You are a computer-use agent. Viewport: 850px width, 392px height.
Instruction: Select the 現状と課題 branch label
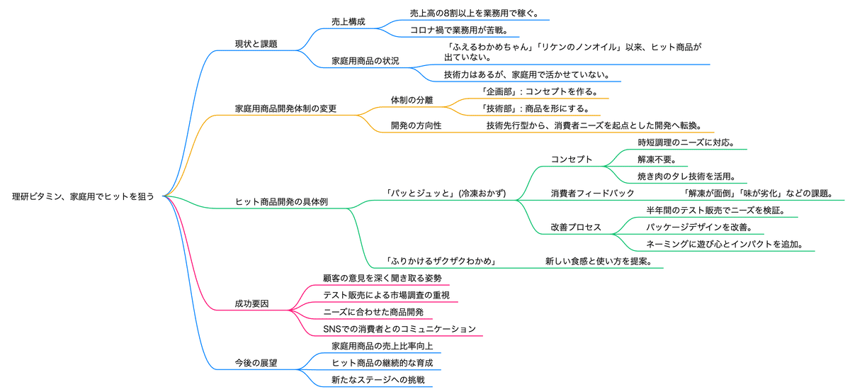click(x=256, y=44)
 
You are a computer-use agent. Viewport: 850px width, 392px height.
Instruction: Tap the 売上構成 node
click(x=348, y=22)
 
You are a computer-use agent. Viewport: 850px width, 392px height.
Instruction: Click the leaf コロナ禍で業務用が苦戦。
click(x=457, y=30)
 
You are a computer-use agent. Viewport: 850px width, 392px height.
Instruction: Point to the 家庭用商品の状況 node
click(x=365, y=61)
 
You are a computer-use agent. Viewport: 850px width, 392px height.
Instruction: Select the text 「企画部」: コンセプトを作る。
click(x=539, y=91)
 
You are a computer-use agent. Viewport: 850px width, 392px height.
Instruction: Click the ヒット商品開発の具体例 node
click(x=281, y=202)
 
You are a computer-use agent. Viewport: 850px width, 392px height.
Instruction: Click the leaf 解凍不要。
click(x=656, y=159)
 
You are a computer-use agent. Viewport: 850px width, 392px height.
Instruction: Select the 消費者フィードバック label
click(x=593, y=193)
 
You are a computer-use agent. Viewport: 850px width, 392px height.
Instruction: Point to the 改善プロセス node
click(x=576, y=228)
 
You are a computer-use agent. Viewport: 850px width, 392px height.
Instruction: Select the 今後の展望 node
click(x=256, y=362)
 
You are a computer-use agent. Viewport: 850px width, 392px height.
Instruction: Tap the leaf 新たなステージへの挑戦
click(x=372, y=380)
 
